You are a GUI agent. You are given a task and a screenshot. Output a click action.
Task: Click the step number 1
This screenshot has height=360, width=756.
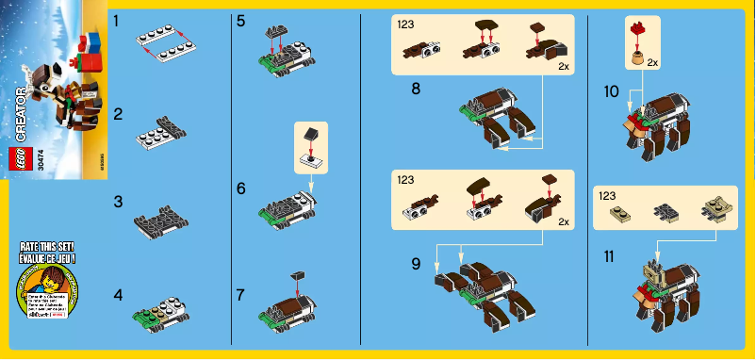point(117,20)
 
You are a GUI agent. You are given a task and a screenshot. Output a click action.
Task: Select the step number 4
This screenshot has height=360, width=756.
point(118,295)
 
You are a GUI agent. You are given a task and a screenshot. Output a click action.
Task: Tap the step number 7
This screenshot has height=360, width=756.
point(241,295)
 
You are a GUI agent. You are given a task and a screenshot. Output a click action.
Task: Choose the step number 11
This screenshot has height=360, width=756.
point(610,255)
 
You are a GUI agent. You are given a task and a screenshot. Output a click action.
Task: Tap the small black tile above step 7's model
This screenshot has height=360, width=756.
point(299,275)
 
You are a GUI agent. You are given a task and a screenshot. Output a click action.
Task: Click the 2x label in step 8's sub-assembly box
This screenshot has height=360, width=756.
point(563,68)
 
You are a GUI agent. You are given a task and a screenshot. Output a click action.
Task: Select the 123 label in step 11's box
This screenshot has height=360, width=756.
point(607,195)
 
